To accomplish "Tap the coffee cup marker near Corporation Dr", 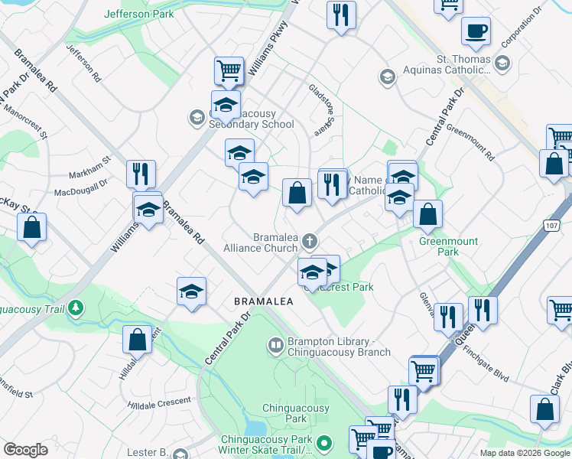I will pyautogui.click(x=476, y=32).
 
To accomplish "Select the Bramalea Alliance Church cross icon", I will pyautogui.click(x=310, y=242).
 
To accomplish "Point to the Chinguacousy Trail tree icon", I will pyautogui.click(x=75, y=308).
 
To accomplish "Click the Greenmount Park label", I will pyautogui.click(x=448, y=246).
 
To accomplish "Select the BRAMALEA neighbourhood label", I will pyautogui.click(x=264, y=302).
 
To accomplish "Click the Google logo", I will pyautogui.click(x=25, y=449).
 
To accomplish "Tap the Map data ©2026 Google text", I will pyautogui.click(x=524, y=453).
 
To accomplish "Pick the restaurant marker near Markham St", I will pyautogui.click(x=140, y=174).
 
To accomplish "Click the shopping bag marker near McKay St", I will pyautogui.click(x=31, y=228).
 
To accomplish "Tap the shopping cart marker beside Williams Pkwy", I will pyautogui.click(x=229, y=70).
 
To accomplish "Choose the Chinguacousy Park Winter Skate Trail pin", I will pyautogui.click(x=324, y=443).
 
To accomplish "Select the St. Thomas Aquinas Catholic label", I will pyautogui.click(x=453, y=65).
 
